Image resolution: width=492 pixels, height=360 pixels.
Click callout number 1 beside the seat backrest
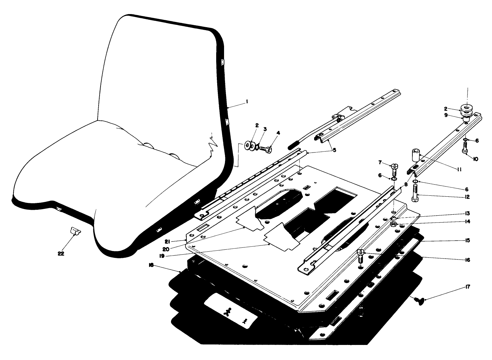click(x=247, y=102)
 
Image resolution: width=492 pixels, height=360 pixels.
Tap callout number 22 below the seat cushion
click(x=61, y=253)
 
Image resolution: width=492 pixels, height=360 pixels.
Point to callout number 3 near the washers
click(x=265, y=129)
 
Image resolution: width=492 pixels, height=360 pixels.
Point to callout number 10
click(x=475, y=159)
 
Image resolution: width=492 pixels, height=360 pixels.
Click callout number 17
click(x=467, y=287)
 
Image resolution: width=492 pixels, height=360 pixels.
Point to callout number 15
click(x=467, y=241)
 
